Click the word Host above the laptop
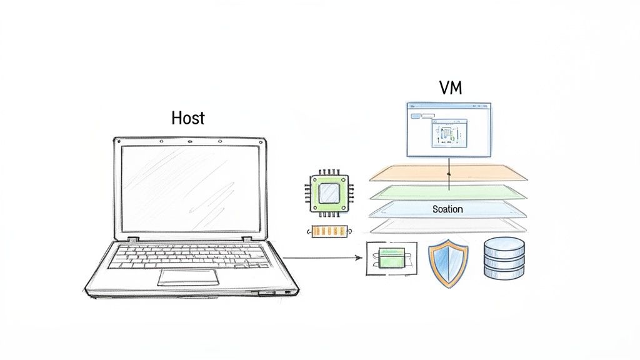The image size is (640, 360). pos(187,117)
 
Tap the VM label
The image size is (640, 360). pos(450,88)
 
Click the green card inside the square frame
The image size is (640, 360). pos(390,257)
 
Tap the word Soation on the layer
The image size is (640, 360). pos(447,209)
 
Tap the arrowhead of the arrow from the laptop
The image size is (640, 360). pos(360,257)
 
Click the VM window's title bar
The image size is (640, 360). pos(449,107)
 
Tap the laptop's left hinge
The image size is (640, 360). pos(132,239)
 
